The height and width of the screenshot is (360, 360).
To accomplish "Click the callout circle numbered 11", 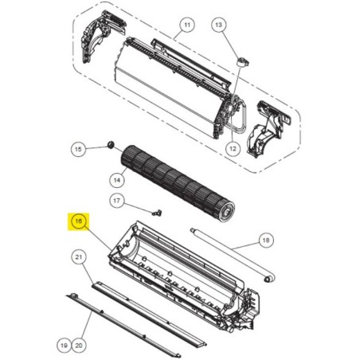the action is point(187,25).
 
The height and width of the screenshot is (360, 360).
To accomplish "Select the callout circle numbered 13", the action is point(218,25).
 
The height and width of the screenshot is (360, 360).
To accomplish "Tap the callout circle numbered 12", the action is point(233,149).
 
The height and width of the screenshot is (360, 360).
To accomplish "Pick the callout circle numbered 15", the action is point(78,149).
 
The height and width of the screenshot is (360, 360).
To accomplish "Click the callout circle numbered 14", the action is point(117,180).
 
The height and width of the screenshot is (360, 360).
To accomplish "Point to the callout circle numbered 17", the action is point(117,201).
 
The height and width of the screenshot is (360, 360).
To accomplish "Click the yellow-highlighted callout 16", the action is point(78,221).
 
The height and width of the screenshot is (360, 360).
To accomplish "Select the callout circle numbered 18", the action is point(266,241).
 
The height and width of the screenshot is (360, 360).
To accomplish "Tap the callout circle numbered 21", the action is point(79,257).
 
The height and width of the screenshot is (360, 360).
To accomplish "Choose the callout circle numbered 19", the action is point(64,346).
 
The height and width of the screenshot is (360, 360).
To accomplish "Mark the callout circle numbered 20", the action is point(79,346).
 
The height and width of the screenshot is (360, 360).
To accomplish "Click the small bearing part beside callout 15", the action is point(111,145).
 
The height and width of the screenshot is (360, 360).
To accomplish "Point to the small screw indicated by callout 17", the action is point(157,213).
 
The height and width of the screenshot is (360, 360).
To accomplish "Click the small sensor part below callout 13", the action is point(243,63).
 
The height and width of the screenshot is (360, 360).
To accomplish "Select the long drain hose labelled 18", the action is point(233,254).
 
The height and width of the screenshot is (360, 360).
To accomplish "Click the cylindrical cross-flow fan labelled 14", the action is point(178,181).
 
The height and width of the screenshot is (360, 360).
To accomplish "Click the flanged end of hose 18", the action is point(269,278).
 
